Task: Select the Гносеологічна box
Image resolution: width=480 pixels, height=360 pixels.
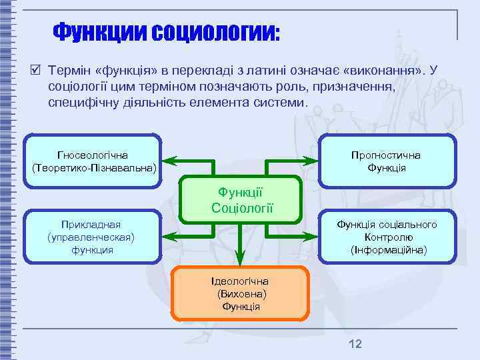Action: coord(93,161)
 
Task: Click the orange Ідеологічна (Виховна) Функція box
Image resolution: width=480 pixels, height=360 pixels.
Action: coord(241,293)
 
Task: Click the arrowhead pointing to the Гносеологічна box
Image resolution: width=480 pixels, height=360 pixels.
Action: coord(169,161)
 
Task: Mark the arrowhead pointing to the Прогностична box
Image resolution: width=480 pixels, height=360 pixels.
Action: coord(311,161)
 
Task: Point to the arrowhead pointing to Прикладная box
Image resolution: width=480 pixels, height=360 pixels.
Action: coord(169,236)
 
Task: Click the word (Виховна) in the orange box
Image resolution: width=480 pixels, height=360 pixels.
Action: coord(241,294)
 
